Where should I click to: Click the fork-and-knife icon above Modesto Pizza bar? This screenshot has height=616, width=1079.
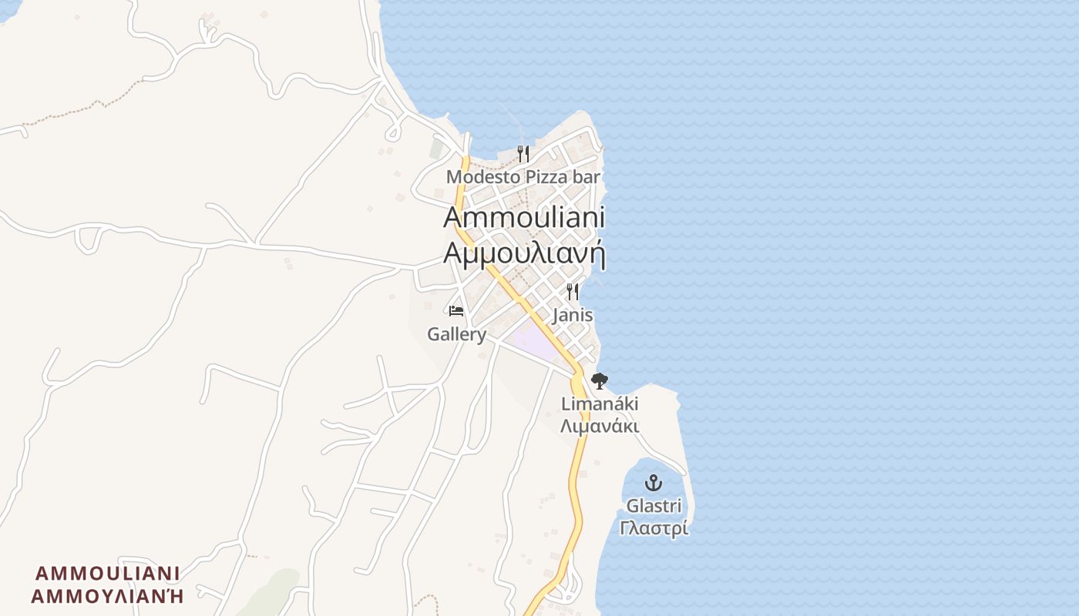[523, 154]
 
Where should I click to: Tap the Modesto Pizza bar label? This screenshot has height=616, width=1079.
[523, 177]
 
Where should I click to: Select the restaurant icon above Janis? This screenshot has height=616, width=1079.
[573, 292]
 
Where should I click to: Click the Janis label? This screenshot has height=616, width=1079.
[573, 315]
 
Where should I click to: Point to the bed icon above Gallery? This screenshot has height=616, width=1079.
[456, 311]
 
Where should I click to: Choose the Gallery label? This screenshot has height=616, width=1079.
[457, 334]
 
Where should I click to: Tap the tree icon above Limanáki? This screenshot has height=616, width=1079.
[600, 380]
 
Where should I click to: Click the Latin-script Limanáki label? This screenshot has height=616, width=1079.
[600, 403]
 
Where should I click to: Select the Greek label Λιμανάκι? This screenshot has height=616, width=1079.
[600, 426]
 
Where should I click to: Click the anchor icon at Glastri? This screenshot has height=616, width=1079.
[654, 484]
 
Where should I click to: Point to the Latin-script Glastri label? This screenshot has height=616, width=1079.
[654, 506]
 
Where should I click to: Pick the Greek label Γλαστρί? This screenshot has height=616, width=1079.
[654, 528]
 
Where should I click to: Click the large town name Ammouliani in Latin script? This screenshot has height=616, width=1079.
[524, 217]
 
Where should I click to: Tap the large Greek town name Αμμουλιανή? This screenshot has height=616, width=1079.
[524, 253]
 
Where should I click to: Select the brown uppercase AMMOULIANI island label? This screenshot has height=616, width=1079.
[108, 574]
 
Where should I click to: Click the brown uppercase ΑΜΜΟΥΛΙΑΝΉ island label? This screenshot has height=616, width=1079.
[108, 596]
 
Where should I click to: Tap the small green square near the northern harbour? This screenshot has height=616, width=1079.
[437, 148]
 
